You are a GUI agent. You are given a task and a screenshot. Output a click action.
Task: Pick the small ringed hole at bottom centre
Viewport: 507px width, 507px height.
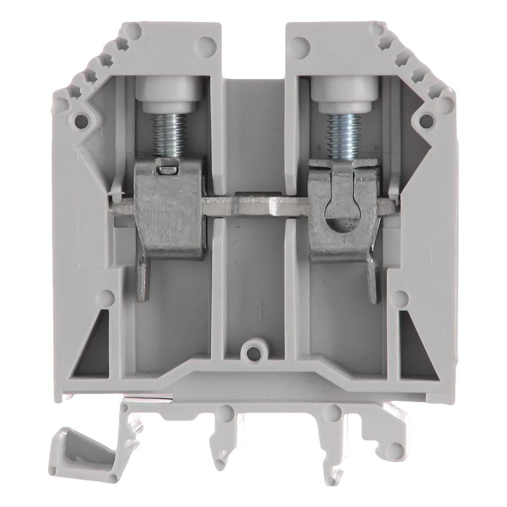pyautogui.click(x=254, y=351)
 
